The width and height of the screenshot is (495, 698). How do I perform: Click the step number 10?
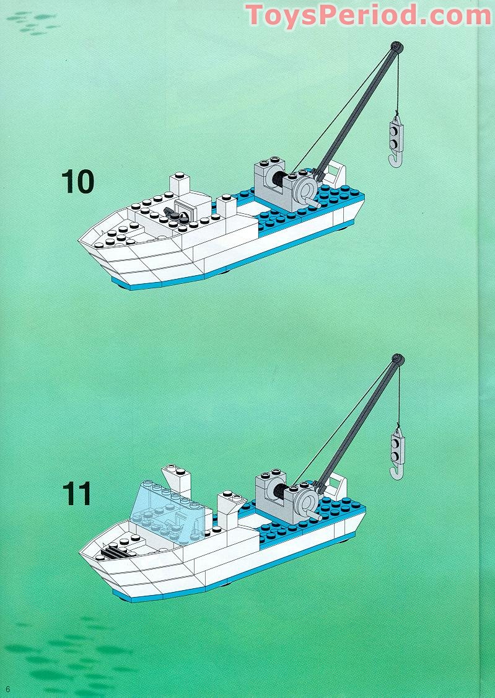[x=77, y=181]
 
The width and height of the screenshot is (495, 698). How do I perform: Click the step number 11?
[x=77, y=494]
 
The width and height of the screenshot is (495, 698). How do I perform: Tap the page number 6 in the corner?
[x=8, y=689]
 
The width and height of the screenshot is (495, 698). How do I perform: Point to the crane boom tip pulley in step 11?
[x=396, y=359]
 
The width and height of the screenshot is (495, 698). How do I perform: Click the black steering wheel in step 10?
[x=177, y=216]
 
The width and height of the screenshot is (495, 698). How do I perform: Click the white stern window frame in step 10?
[x=335, y=172]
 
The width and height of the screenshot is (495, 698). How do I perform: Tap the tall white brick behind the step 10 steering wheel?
[x=180, y=184]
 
